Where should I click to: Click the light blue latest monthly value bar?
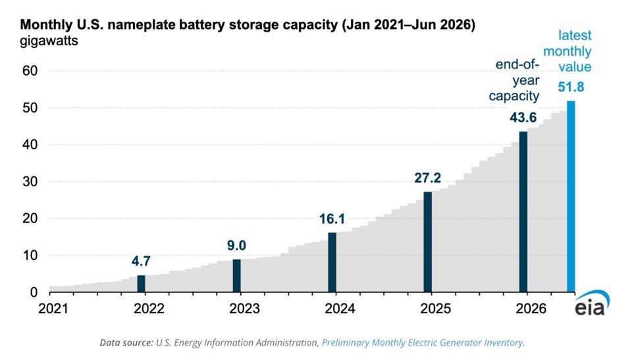click(x=571, y=196)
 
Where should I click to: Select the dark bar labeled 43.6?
click(x=523, y=212)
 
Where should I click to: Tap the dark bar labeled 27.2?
click(x=428, y=242)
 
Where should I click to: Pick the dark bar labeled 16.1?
click(x=332, y=263)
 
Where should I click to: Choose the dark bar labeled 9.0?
click(x=236, y=276)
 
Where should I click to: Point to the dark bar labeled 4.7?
click(x=141, y=284)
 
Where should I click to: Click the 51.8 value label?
click(x=571, y=87)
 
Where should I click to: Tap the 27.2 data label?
click(x=428, y=178)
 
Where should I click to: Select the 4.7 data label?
click(x=141, y=261)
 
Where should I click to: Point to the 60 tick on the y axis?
click(x=30, y=71)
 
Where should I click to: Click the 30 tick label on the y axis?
click(x=30, y=182)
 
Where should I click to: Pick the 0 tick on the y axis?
click(x=34, y=292)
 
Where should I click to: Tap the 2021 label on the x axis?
click(x=53, y=309)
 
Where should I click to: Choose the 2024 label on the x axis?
click(x=340, y=309)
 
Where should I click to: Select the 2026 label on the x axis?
click(x=531, y=309)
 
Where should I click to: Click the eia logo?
click(x=592, y=303)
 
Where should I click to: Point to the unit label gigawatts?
click(x=49, y=41)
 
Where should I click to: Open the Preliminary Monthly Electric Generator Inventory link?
click(x=423, y=343)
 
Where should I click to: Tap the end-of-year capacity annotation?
click(x=514, y=80)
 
